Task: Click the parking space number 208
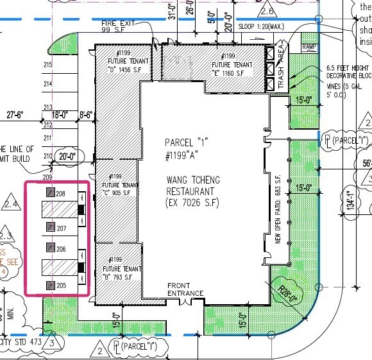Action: tap(61, 193)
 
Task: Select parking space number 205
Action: tap(61, 285)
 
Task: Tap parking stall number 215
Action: tap(47, 65)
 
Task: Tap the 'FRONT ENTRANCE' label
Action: tap(185, 289)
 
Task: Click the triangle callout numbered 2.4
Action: tap(10, 203)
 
